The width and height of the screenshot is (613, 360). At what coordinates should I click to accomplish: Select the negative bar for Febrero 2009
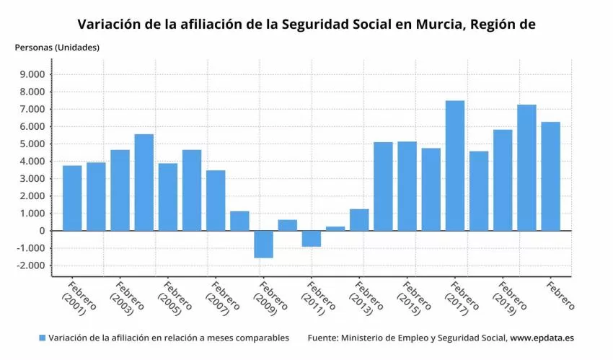point(263,244)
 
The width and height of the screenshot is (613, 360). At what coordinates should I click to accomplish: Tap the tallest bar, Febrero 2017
point(454,165)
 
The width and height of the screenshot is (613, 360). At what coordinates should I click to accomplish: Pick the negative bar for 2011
point(312,238)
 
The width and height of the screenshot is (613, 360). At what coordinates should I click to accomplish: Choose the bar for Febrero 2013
point(359,219)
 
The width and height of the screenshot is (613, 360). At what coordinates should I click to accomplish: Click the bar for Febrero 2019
point(503,180)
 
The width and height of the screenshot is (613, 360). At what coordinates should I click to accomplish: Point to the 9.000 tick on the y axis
point(32,74)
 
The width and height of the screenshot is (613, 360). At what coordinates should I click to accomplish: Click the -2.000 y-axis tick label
point(30,265)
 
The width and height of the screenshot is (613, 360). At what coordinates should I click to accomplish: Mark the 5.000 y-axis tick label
point(32,144)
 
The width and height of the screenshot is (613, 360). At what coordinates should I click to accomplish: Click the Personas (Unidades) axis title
point(57,48)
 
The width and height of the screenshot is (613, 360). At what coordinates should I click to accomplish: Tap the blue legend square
point(43,338)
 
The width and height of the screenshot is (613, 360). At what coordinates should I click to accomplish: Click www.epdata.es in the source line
point(542,338)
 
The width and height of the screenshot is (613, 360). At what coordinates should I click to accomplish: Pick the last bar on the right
point(550,176)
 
